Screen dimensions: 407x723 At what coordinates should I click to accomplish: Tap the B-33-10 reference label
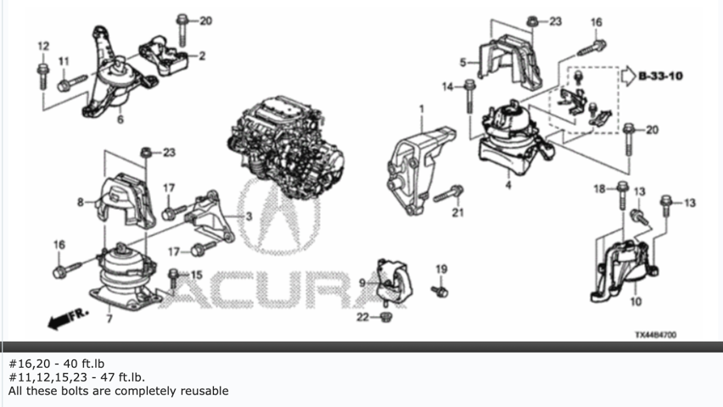(x=661, y=76)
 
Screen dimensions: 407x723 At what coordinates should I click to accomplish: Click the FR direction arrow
(x=64, y=319)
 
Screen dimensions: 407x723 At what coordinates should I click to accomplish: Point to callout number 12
(x=43, y=45)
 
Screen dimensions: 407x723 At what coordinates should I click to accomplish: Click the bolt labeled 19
(x=440, y=291)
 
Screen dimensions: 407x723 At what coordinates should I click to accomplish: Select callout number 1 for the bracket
(x=420, y=110)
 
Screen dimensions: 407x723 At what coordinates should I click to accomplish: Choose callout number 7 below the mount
(x=108, y=319)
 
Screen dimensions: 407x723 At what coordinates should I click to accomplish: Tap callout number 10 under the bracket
(x=636, y=302)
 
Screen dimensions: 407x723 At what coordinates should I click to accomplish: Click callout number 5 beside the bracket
(x=463, y=62)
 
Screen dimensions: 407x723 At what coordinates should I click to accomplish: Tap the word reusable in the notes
(x=201, y=392)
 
